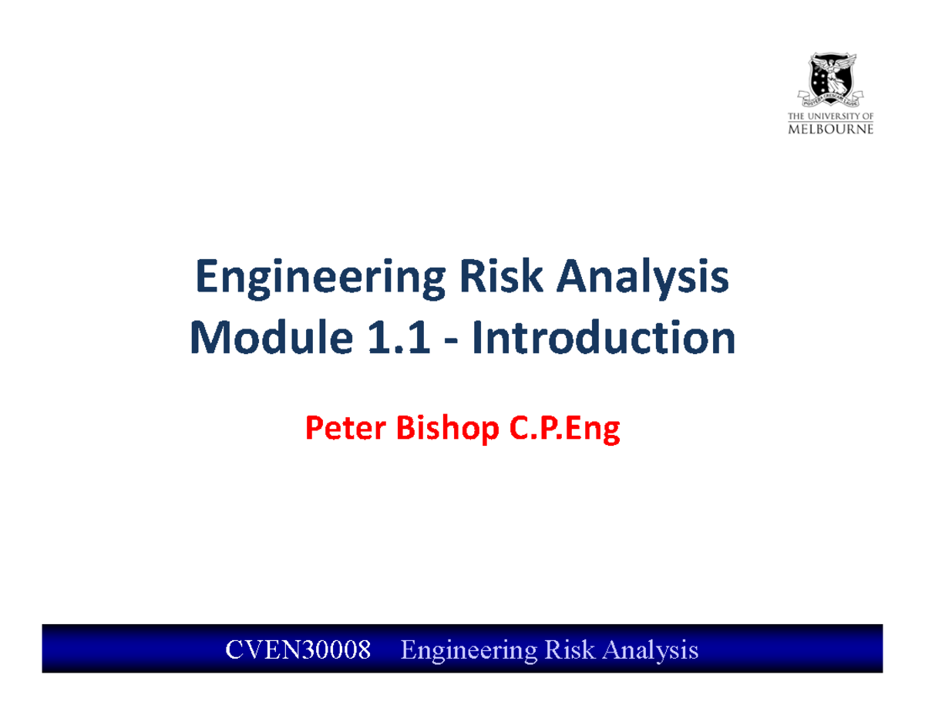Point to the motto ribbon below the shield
pyautogui.click(x=830, y=99)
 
